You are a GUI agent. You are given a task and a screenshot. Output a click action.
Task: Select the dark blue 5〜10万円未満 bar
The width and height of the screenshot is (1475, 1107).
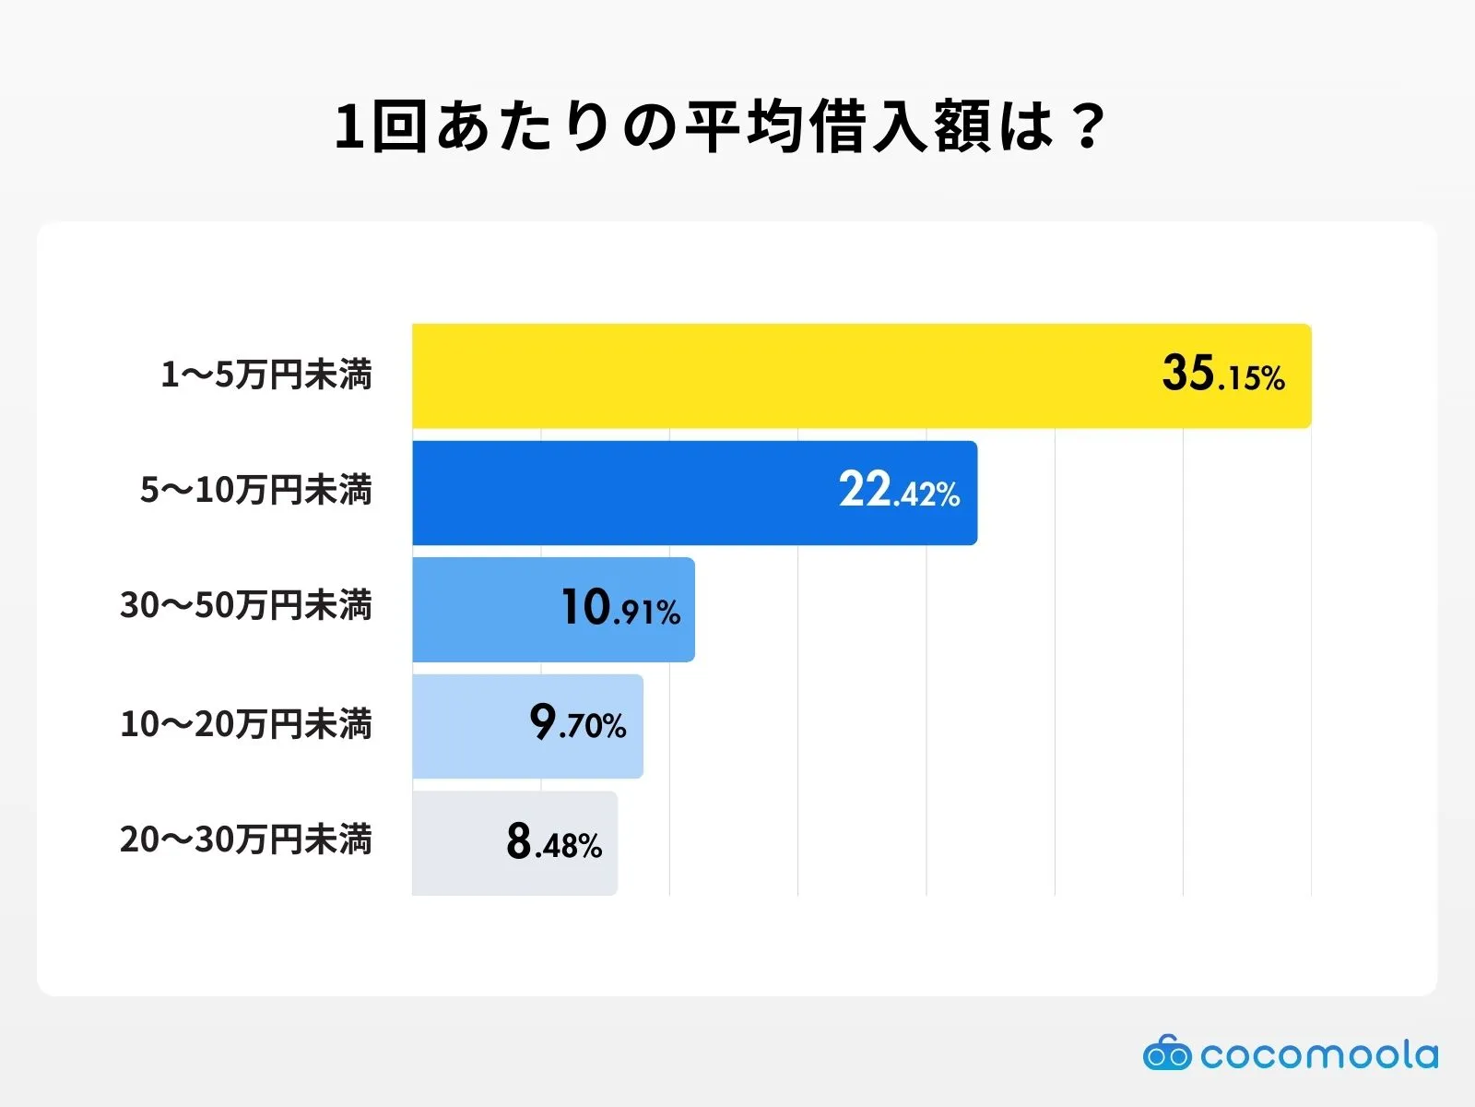[x=627, y=493]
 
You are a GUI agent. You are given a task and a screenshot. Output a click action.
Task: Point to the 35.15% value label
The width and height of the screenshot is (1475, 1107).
[x=1222, y=375]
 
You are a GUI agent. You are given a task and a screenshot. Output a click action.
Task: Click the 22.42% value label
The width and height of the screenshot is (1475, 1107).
[x=899, y=491]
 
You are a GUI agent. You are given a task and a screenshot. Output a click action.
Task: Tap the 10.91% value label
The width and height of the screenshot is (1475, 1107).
[x=620, y=608]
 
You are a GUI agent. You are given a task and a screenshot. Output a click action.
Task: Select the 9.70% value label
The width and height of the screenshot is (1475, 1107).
[x=578, y=723]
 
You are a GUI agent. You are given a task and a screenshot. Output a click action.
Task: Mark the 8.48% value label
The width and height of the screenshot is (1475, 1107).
[x=554, y=841]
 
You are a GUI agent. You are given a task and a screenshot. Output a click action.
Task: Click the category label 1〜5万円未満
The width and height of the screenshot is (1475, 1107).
[x=266, y=375]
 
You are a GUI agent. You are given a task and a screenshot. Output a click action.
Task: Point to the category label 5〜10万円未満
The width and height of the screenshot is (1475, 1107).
[x=256, y=490]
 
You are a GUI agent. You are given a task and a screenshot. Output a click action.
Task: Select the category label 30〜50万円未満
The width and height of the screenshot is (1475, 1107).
[x=246, y=606]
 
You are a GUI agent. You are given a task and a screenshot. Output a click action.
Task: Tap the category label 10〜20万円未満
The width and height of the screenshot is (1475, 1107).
[x=246, y=724]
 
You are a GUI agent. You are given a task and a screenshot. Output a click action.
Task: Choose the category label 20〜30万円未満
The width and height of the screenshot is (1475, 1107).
[x=246, y=840]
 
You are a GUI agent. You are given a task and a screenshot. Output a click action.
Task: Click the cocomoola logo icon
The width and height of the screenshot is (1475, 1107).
[x=1166, y=1053]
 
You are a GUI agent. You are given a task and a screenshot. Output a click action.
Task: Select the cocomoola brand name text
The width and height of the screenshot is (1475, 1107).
[x=1318, y=1054]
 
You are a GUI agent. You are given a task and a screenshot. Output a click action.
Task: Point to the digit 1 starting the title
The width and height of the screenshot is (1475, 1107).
[x=349, y=126]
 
